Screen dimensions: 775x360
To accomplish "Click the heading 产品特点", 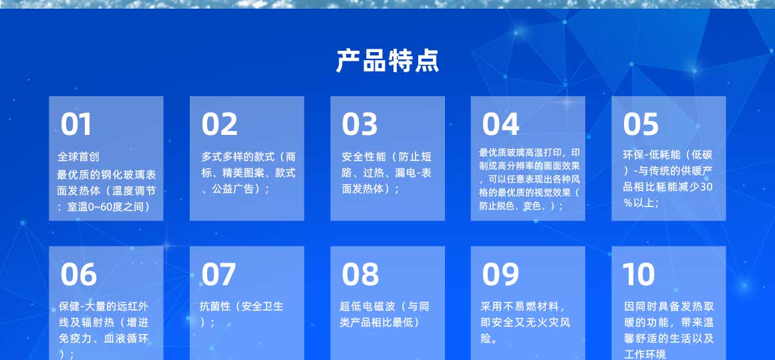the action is point(387,61).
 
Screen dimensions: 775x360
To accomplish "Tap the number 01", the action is point(76,124).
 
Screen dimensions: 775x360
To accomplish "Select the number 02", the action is point(219,124).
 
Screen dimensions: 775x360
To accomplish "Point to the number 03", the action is point(360,124).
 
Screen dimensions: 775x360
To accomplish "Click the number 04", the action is point(500,124).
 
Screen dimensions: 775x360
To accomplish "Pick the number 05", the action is point(641,124).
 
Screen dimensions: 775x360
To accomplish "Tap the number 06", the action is point(79,274).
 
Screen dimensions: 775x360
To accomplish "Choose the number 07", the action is point(218,274).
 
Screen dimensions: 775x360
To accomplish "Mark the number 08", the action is point(360,274).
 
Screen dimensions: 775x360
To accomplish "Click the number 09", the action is point(500,274).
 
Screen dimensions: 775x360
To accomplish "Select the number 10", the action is point(639,274).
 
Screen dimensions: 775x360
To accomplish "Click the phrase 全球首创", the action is point(79,157).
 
